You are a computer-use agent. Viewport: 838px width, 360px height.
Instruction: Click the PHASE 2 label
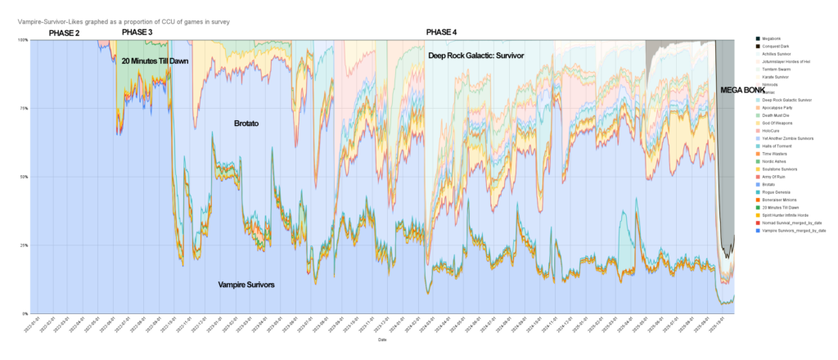pyautogui.click(x=65, y=33)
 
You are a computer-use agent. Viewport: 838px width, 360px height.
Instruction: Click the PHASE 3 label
pyautogui.click(x=137, y=32)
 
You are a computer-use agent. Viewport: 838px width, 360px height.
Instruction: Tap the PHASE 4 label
pyautogui.click(x=442, y=33)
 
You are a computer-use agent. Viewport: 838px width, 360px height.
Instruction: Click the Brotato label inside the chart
pyautogui.click(x=246, y=123)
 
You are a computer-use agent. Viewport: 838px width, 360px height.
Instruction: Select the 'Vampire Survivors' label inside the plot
pyautogui.click(x=246, y=284)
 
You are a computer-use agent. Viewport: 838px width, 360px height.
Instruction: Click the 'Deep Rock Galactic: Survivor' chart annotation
pyautogui.click(x=475, y=56)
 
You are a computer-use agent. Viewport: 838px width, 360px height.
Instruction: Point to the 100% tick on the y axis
pyautogui.click(x=23, y=40)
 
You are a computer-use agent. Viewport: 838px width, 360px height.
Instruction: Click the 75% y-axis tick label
pyautogui.click(x=24, y=108)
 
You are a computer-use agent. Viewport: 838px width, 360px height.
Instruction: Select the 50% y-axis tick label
pyautogui.click(x=24, y=177)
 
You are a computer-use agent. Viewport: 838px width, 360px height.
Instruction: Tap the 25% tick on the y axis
pyautogui.click(x=24, y=245)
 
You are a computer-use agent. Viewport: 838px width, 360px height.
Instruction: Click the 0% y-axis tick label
pyautogui.click(x=25, y=313)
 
